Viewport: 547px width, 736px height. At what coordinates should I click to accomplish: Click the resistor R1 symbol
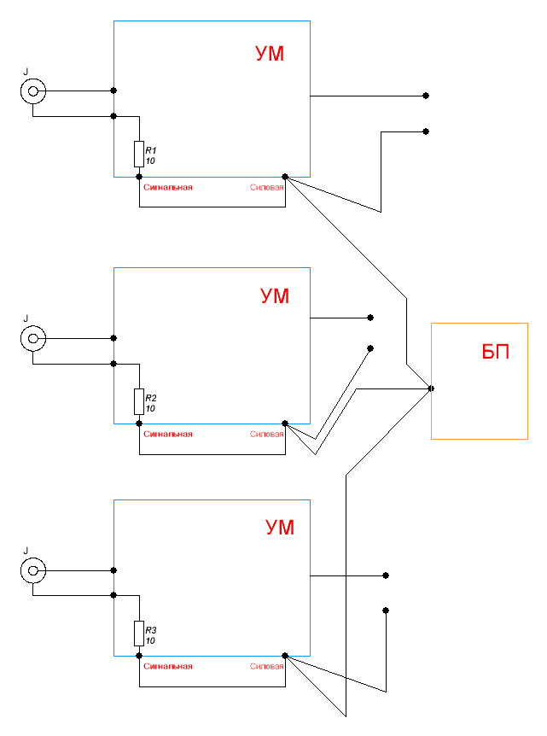click(x=138, y=155)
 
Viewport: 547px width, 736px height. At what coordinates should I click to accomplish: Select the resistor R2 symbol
click(x=138, y=401)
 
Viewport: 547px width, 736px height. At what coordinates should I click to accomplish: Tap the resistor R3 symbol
click(x=138, y=634)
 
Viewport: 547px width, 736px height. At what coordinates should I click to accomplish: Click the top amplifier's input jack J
click(x=32, y=91)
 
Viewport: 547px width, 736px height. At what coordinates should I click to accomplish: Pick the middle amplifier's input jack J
click(x=32, y=339)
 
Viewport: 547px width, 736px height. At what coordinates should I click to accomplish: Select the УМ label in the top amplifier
click(x=270, y=55)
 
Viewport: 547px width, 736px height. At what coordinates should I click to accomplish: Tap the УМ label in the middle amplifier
click(x=275, y=296)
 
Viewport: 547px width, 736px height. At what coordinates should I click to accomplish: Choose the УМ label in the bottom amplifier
click(x=279, y=528)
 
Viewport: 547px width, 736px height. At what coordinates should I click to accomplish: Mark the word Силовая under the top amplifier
click(x=266, y=187)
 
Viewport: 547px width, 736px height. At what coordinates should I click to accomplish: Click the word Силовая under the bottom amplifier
click(x=266, y=666)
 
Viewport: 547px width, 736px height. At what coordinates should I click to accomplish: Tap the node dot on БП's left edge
click(x=431, y=388)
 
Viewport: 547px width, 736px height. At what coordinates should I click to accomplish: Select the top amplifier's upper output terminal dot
click(x=426, y=96)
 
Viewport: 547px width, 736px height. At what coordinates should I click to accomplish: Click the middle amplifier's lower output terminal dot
click(x=370, y=348)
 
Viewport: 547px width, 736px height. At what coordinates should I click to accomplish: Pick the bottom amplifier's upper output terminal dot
click(x=386, y=575)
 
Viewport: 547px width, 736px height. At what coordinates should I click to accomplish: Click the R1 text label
click(x=151, y=150)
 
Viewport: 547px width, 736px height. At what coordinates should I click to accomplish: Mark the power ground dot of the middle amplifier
click(x=284, y=423)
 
